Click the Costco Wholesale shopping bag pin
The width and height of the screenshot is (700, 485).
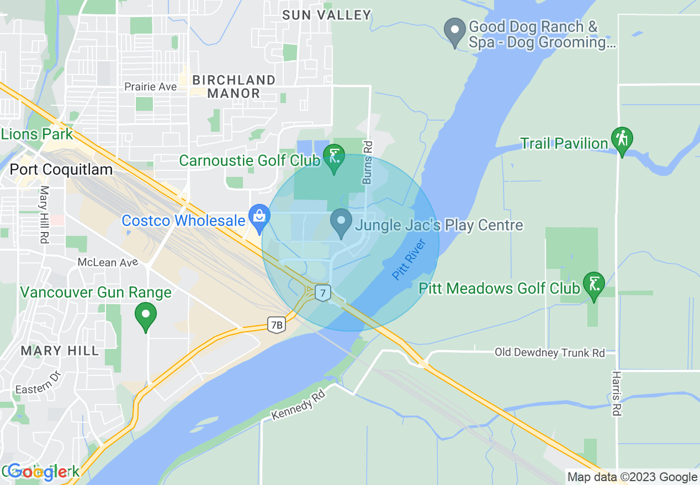[x=259, y=217]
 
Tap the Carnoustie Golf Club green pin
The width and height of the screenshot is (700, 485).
[x=334, y=158]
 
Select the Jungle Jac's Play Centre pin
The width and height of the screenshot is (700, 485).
[x=341, y=223]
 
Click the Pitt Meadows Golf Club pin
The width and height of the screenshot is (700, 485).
[x=594, y=285]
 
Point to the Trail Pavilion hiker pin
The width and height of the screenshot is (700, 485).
[x=622, y=141]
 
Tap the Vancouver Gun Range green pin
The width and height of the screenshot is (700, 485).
[x=146, y=315]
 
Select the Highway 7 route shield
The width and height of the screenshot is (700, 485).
[x=322, y=292]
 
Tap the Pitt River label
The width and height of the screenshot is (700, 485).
[x=409, y=259]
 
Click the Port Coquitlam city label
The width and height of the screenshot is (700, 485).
[x=61, y=169]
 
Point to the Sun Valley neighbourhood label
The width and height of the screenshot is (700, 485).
[x=326, y=15]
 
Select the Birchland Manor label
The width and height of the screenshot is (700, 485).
[x=234, y=87]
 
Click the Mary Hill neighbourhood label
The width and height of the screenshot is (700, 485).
[x=60, y=351]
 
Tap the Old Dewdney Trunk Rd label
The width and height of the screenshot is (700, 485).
[x=549, y=353]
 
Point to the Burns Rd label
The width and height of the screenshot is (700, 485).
[x=368, y=162]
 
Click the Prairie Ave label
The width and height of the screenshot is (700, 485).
[x=150, y=87]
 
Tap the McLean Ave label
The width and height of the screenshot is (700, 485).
[x=108, y=262]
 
